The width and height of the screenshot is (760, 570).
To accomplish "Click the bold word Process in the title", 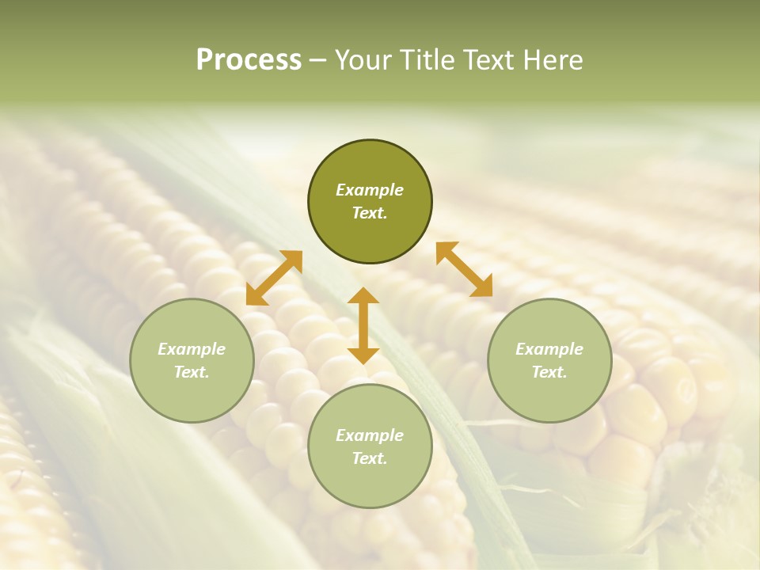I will (x=249, y=60).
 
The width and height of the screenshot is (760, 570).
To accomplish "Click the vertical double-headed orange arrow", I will (x=363, y=325).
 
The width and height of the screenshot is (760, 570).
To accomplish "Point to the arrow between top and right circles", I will (x=464, y=269).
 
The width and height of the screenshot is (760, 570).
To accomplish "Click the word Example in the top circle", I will (x=370, y=190).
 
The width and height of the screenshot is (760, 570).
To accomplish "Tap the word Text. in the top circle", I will (x=370, y=213).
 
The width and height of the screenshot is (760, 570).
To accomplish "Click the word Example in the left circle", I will (x=192, y=349).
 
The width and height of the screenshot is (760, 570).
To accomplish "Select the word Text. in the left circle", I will (x=192, y=372).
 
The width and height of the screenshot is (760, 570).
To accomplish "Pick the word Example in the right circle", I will (x=549, y=349).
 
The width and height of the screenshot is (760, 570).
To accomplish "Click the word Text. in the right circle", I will (x=549, y=372).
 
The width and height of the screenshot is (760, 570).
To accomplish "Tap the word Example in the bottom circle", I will (x=370, y=435).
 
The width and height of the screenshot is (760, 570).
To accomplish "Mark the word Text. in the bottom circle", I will (x=370, y=458).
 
